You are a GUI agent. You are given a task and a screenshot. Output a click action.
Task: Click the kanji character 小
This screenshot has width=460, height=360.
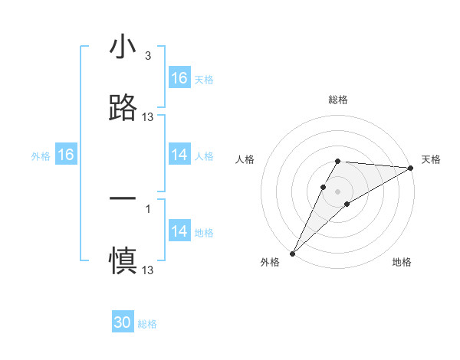(123, 47)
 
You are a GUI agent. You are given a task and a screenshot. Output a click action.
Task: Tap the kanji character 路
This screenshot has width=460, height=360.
(123, 108)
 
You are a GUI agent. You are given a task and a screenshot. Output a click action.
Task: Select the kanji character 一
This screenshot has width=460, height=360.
(123, 198)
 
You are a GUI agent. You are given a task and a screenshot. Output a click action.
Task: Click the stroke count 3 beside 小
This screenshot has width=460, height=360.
(147, 56)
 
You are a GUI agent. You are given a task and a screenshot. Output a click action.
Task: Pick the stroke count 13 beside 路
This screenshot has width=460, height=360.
(148, 116)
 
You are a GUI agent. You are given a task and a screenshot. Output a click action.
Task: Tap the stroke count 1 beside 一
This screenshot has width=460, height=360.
(147, 208)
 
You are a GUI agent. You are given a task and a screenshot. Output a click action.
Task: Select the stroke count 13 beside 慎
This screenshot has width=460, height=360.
(148, 270)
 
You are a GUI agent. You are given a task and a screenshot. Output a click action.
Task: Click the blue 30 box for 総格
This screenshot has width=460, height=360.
(123, 323)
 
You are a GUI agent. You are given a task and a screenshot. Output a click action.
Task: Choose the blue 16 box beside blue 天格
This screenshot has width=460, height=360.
(179, 78)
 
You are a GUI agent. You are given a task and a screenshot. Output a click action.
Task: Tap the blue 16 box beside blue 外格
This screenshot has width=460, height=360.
(66, 155)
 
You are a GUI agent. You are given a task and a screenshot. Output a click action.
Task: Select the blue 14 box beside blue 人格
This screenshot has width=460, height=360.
(179, 155)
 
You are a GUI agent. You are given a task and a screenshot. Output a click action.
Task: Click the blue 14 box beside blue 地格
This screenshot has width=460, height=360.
(179, 231)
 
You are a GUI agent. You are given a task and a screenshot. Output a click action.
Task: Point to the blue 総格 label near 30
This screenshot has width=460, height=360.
(148, 324)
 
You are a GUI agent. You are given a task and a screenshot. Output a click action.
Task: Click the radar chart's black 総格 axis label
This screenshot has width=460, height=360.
(338, 100)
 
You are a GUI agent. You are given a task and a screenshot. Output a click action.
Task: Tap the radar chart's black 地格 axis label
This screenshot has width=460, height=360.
(402, 262)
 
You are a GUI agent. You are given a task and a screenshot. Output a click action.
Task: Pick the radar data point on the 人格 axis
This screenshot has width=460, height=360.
(324, 186)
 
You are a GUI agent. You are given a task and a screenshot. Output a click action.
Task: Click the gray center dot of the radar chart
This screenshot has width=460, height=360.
(338, 191)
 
